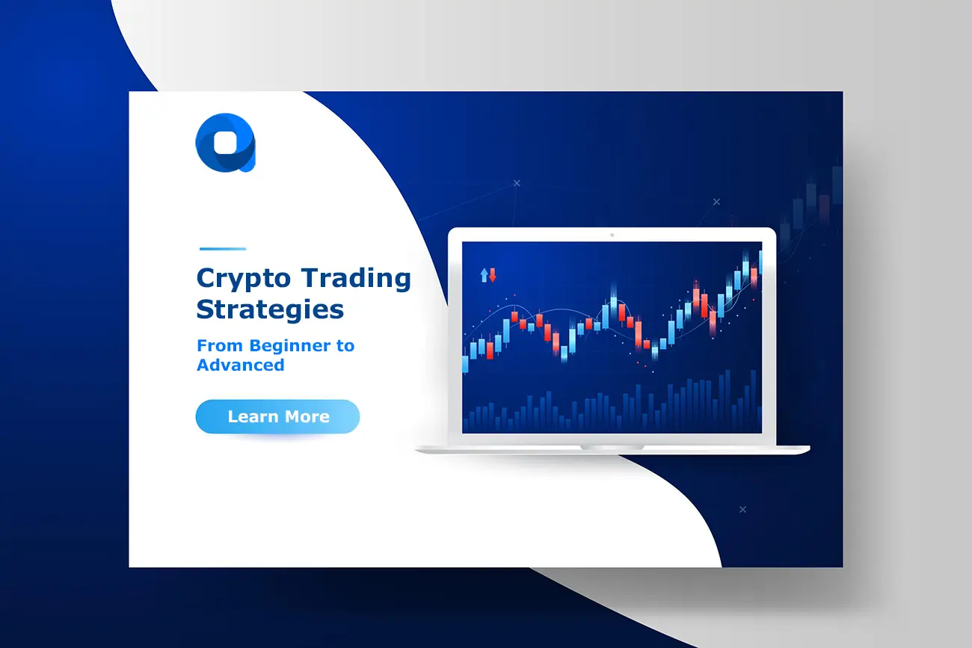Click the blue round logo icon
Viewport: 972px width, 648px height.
pos(225,142)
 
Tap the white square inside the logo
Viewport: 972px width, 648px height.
pos(224,141)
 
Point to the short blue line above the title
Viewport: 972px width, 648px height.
pos(223,249)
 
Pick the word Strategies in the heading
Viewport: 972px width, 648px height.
pos(270,309)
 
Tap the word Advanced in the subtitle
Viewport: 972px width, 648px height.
pos(240,365)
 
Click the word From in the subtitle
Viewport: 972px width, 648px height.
pos(220,346)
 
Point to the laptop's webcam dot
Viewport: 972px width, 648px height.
pos(612,235)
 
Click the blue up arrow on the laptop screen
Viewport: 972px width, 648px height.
pos(484,275)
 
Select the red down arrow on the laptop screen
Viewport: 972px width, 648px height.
pos(493,275)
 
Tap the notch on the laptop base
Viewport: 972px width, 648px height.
pos(612,447)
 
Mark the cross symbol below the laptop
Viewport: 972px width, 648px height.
pos(742,509)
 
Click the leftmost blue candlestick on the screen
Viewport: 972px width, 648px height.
pos(465,364)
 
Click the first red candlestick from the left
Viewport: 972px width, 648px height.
pos(490,348)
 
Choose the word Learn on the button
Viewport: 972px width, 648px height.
pos(253,417)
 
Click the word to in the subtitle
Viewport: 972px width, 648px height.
pos(345,346)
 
